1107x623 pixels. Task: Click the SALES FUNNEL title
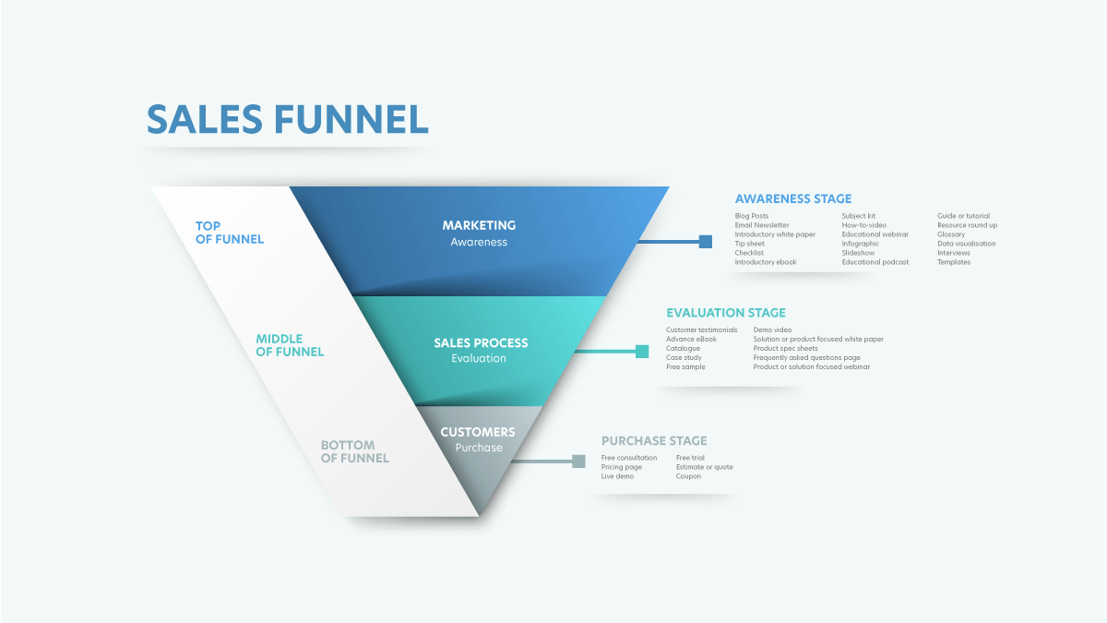tap(287, 120)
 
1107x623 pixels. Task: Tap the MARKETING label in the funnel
tap(479, 225)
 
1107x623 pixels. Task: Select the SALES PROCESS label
tap(481, 343)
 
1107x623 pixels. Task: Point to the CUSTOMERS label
tap(478, 432)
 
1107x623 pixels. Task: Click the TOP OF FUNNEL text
tap(230, 233)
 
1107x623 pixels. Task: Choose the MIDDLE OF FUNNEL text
tap(290, 345)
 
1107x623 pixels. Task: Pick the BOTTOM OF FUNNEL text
tap(355, 451)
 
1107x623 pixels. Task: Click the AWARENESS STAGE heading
tap(793, 198)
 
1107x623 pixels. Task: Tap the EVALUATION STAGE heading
tap(726, 313)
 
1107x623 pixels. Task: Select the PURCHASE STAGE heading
tap(654, 441)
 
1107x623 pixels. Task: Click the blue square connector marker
tap(706, 242)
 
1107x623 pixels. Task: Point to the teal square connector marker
tap(642, 351)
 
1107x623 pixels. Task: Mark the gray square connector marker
tap(579, 461)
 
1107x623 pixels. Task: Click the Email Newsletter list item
tap(762, 225)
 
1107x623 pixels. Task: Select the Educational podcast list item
tap(875, 262)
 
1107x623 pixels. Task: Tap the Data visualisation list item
tap(966, 244)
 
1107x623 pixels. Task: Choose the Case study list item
tap(684, 357)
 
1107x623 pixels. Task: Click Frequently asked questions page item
tap(806, 357)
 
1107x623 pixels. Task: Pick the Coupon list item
tap(688, 476)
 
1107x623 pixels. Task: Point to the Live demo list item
tap(618, 476)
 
